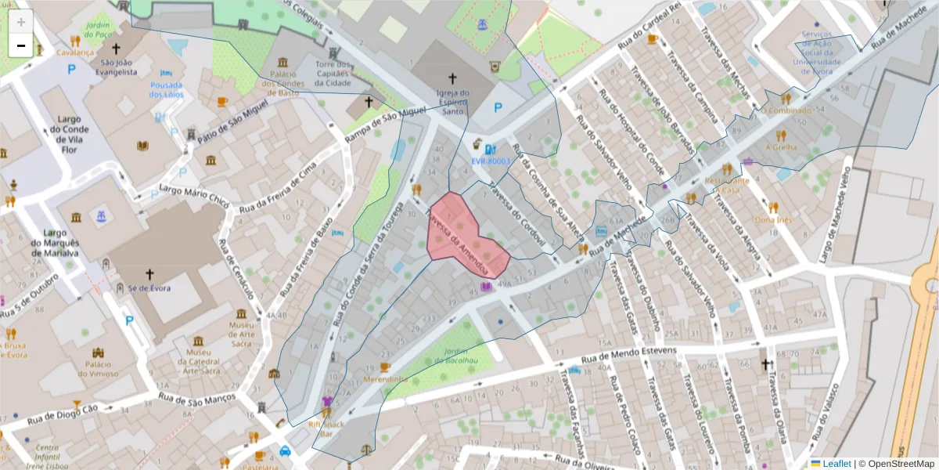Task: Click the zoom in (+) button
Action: pos(21,22)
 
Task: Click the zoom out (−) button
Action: pos(21,45)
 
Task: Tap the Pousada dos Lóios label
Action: pos(167,89)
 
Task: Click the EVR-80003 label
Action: pos(490,161)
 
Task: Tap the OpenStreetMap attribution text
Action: pos(897,464)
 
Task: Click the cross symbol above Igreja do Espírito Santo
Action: pos(452,78)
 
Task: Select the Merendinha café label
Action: pos(386,379)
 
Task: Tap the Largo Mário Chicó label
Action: pos(194,195)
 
